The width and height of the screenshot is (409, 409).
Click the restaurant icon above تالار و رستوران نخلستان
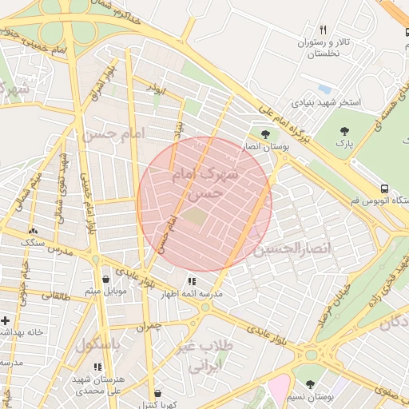tap(323, 30)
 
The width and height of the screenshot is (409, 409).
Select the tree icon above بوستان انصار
tap(266, 134)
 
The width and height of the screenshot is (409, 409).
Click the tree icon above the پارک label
tap(344, 130)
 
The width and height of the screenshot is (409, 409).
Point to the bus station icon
tap(386, 189)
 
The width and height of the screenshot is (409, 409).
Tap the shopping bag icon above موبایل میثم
tap(106, 279)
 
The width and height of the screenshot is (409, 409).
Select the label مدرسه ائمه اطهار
tap(192, 294)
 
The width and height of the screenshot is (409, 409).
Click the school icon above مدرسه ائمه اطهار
tap(192, 281)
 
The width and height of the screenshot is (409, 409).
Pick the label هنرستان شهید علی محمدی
tap(97, 387)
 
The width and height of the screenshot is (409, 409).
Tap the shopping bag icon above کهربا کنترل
tap(157, 393)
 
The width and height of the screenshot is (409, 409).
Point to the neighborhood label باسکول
tap(97, 345)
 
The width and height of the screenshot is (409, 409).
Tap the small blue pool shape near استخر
tap(324, 88)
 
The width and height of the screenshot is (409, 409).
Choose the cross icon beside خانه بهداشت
tap(6, 320)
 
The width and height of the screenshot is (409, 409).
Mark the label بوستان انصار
tap(266, 148)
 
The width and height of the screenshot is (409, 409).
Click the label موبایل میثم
tap(106, 292)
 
